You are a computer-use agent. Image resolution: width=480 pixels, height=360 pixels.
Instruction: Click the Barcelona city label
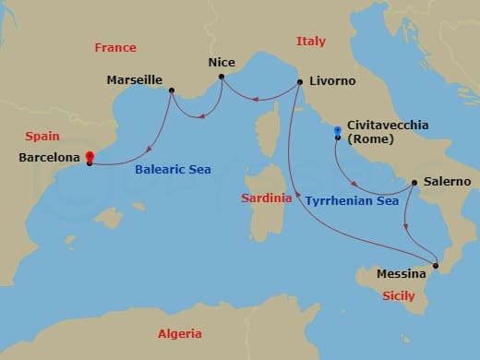[49, 158]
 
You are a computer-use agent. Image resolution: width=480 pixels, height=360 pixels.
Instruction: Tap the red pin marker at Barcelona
[89, 156]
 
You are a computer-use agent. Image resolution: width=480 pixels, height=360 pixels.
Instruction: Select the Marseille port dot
[172, 90]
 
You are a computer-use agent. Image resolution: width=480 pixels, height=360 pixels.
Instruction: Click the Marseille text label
[135, 79]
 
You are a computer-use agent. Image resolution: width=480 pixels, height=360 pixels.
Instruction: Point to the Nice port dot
[222, 77]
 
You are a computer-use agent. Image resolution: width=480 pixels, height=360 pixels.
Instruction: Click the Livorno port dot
[301, 83]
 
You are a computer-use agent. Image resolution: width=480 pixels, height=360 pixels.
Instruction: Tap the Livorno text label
[333, 81]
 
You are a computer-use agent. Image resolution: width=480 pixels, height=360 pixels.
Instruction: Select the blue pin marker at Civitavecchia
[338, 131]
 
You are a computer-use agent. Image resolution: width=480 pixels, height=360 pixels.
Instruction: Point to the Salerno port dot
[413, 182]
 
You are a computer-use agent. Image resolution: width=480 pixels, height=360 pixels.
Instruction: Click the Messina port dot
[437, 267]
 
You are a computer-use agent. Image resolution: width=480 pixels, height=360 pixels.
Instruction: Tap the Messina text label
[402, 274]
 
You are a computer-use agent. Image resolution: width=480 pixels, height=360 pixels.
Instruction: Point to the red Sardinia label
[267, 198]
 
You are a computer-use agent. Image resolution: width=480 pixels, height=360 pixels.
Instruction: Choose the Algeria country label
[179, 334]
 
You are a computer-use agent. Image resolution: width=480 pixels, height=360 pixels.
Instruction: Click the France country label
[114, 47]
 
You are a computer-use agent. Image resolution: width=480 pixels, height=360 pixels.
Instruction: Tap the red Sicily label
[402, 295]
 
